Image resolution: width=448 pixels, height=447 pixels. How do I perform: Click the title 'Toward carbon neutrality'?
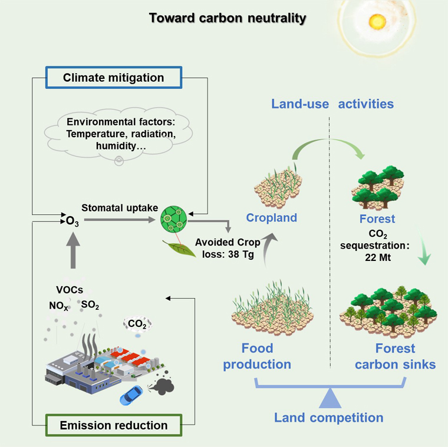228,18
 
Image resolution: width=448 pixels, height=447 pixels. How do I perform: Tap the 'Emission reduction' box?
114,425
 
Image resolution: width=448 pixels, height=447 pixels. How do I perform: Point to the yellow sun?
376,22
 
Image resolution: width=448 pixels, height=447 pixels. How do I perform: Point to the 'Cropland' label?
271,218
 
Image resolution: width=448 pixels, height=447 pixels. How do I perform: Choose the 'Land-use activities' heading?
332,104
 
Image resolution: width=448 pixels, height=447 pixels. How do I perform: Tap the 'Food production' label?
258,356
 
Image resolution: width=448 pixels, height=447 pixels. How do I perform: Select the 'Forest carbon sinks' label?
396,356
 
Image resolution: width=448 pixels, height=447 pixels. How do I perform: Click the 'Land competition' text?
329,418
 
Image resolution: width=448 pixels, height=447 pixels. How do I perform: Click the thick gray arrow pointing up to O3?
73,250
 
